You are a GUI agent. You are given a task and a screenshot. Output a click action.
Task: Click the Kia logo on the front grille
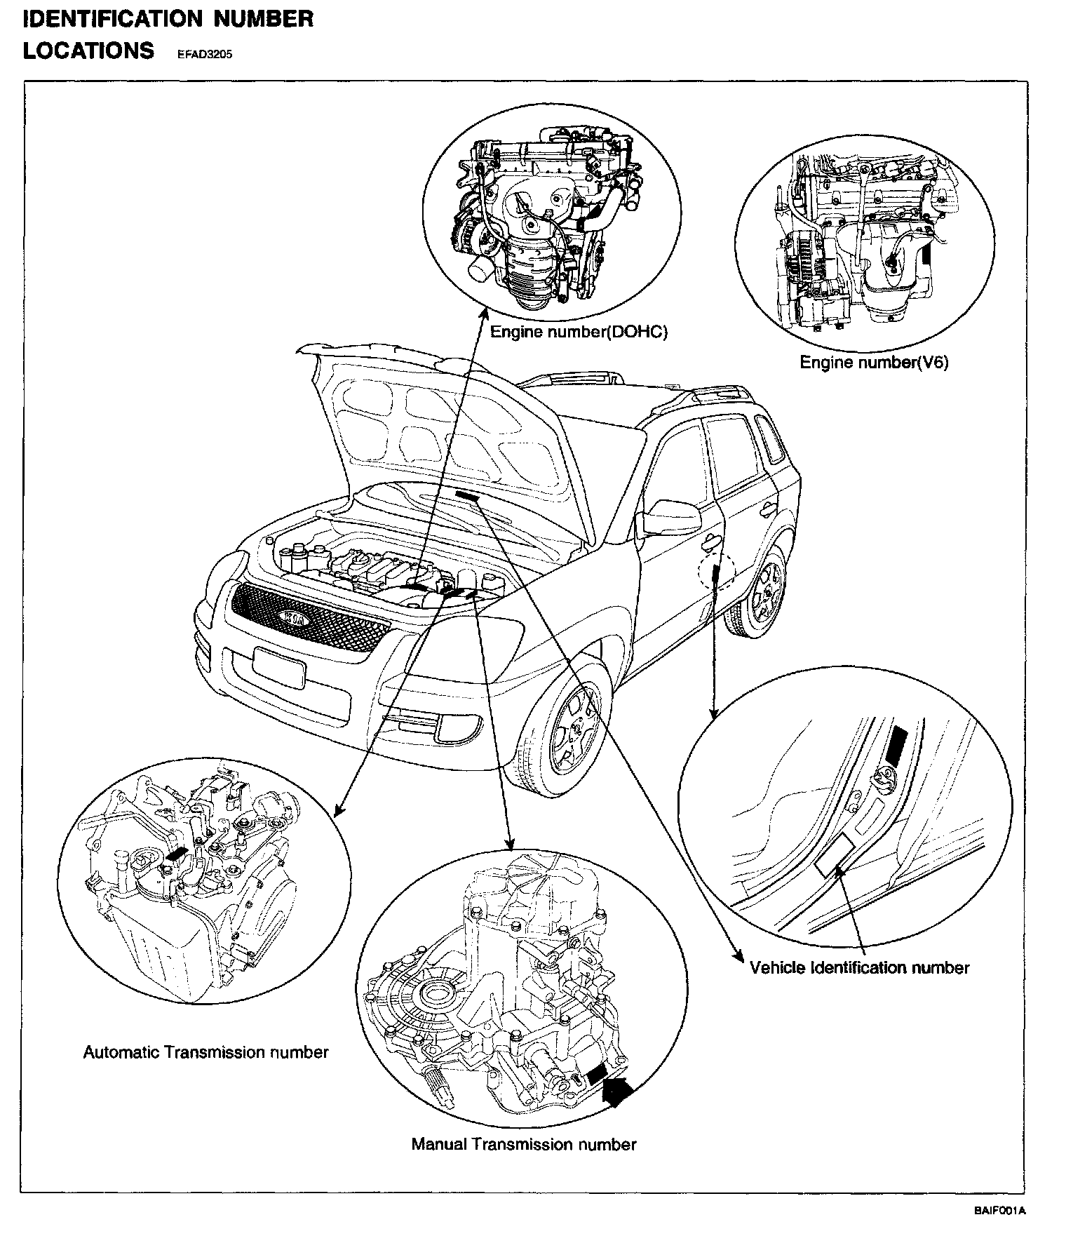point(296,618)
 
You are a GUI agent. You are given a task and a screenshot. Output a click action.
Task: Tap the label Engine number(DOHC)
point(579,332)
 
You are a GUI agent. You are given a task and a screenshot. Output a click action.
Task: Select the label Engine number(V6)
point(874,363)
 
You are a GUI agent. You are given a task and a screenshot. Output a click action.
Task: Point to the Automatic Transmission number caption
point(205,1052)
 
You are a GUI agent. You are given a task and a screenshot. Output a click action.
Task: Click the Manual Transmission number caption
point(524,1144)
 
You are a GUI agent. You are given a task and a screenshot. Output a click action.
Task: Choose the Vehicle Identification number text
point(859,968)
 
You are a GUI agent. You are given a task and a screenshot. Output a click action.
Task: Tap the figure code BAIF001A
point(999,1210)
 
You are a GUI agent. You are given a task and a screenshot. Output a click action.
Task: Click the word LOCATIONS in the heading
point(88,51)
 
